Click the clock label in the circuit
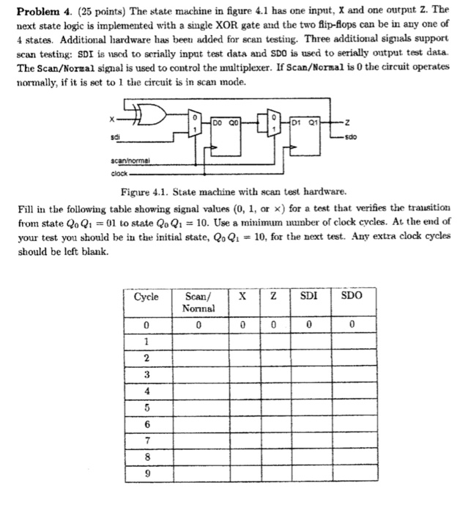click(x=119, y=174)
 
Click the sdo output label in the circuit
click(x=352, y=136)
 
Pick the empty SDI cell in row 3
click(x=311, y=374)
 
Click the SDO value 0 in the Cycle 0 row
click(x=352, y=325)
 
